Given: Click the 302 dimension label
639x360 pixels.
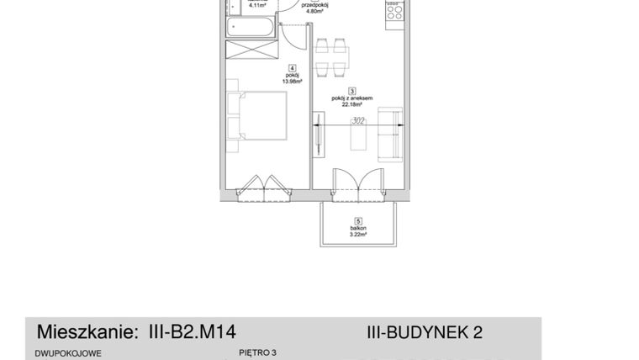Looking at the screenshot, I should point(359,120).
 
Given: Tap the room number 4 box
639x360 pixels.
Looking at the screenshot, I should point(291,68).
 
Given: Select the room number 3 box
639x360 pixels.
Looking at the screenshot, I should point(351,91).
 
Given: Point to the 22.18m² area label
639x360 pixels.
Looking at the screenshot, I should point(352,105).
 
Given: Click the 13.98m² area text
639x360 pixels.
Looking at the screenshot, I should point(291,82).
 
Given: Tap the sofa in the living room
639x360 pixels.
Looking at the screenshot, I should point(390,135).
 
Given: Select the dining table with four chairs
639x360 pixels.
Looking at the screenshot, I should point(332,57).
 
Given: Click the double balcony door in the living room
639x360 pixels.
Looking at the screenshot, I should point(355,183).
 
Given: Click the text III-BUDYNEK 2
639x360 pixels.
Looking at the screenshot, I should point(425,332).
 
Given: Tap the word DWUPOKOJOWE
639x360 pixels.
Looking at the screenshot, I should point(68,353).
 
